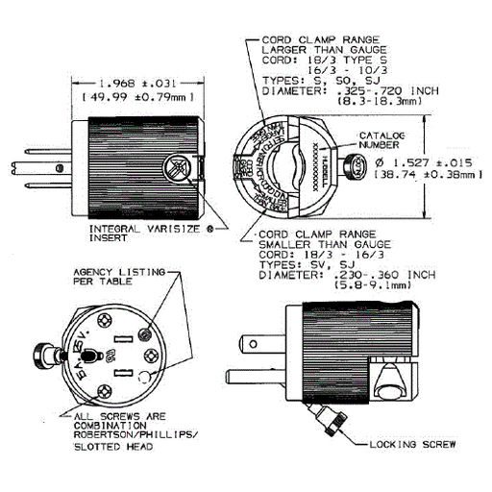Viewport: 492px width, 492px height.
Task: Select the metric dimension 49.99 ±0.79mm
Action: (138, 98)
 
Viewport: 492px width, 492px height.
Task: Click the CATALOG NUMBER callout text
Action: (381, 138)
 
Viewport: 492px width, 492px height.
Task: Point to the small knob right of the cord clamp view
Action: (354, 165)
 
